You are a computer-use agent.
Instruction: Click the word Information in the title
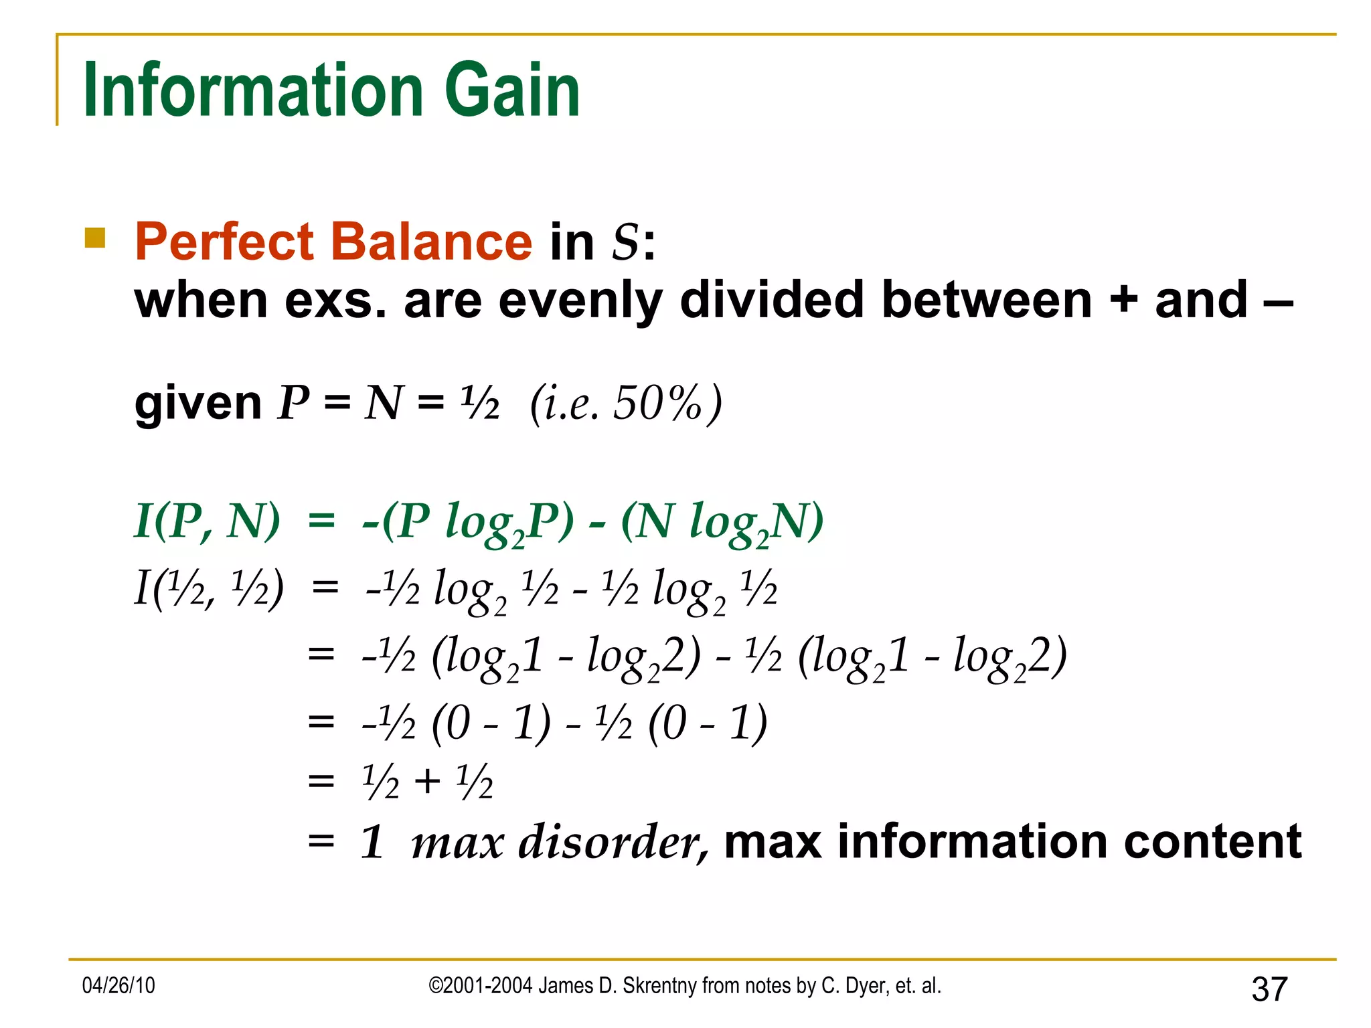coord(253,90)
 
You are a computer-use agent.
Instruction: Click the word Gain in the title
coord(512,90)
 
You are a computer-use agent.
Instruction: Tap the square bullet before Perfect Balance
coord(95,238)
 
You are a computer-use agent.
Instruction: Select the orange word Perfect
coord(224,242)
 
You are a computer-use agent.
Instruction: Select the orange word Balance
coord(432,242)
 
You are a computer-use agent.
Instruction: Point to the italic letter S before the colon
coord(626,242)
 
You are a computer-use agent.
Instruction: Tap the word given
coord(198,404)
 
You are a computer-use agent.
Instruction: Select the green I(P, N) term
coord(208,521)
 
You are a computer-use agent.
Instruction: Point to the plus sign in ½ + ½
coord(427,782)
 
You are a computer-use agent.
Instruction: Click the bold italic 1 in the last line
coord(372,842)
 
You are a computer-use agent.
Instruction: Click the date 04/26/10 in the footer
coord(118,985)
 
